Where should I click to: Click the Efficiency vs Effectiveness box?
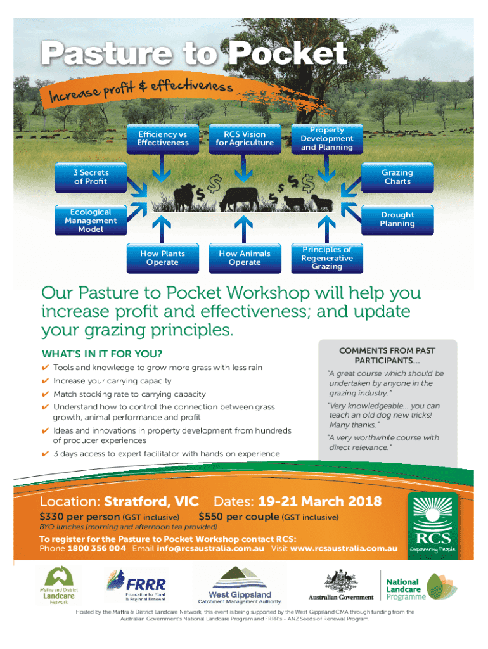[163, 139]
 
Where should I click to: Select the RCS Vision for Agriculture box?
[245, 139]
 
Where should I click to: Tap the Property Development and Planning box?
[327, 139]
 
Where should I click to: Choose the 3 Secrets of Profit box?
[91, 177]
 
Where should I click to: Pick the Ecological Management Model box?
[91, 220]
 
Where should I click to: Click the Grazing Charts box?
[397, 177]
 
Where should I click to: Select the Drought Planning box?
[397, 220]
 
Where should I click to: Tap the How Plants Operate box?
[163, 259]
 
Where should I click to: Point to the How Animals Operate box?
[245, 259]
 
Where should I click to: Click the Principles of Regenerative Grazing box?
[327, 259]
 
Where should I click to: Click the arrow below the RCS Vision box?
[244, 168]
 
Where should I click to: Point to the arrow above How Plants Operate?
[162, 229]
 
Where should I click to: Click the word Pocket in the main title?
[288, 54]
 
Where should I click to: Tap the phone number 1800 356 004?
[96, 548]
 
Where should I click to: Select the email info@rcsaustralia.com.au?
[210, 548]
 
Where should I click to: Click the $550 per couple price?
[239, 517]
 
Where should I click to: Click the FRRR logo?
[137, 585]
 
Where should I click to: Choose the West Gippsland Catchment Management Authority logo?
[240, 586]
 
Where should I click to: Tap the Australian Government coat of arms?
[340, 581]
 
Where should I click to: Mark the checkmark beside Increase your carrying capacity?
[45, 381]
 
